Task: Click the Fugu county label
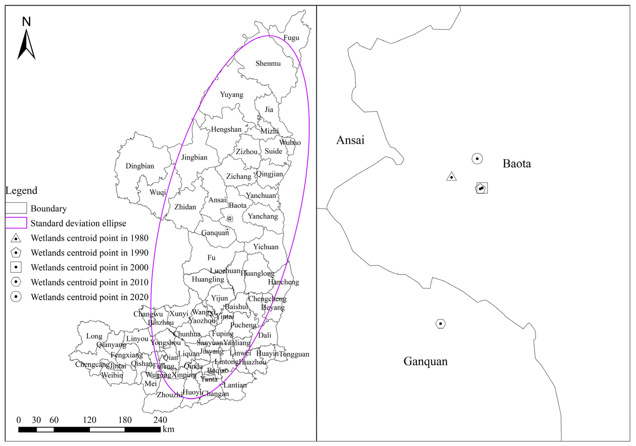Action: coord(291,38)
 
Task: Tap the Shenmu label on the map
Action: coord(268,63)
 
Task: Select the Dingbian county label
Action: coord(140,166)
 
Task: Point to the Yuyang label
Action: coord(232,95)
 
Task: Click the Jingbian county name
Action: coord(194,157)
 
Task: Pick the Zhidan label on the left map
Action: coord(185,207)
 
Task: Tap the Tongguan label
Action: coord(294,354)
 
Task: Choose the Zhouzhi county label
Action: coord(169,395)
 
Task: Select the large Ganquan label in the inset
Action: coord(425,361)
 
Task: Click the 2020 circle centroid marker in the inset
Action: coord(477,158)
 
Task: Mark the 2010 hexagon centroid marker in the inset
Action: coord(440,323)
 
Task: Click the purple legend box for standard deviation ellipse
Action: coord(16,223)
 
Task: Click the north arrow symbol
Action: coord(26,44)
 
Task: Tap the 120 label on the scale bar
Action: coord(89,420)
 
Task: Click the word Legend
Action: coord(21,190)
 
